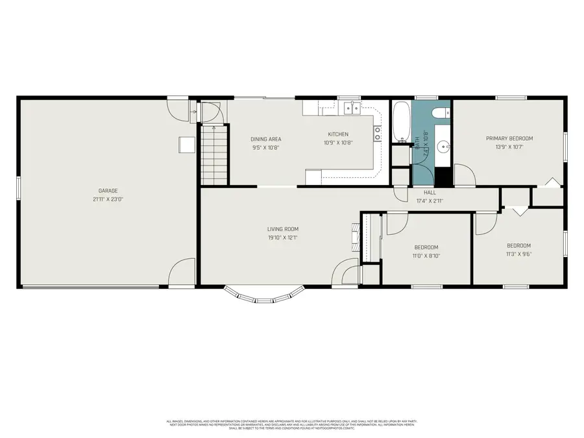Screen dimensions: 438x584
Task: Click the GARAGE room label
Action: (108, 191)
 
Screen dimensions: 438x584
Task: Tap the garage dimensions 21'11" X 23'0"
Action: (108, 199)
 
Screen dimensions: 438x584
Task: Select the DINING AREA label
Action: (265, 139)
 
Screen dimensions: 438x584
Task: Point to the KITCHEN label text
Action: (337, 134)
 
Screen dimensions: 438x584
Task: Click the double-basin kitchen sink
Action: (351, 108)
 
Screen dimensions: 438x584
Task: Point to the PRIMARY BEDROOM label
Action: (509, 138)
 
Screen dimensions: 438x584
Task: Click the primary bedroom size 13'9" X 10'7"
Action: (509, 147)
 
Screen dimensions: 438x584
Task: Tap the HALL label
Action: (429, 193)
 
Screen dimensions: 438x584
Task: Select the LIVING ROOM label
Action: (283, 228)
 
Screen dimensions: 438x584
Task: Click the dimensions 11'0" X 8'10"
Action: (426, 256)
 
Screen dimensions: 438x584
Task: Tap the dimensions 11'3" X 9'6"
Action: (518, 254)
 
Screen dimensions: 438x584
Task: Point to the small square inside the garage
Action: (187, 145)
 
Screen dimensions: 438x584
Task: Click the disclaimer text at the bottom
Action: (292, 424)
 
